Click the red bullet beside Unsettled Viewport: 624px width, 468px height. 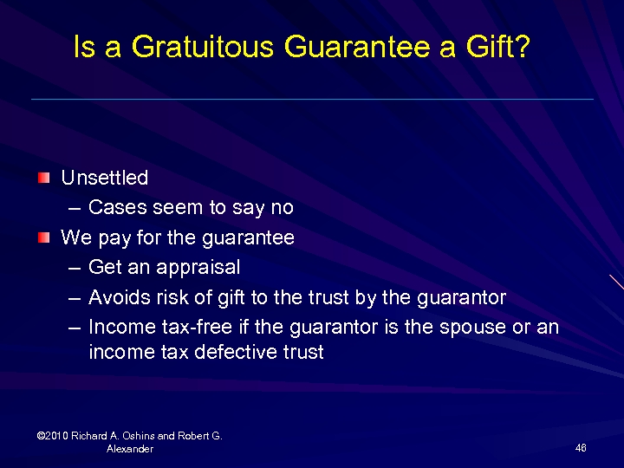tap(43, 178)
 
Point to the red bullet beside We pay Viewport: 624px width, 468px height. tap(43, 237)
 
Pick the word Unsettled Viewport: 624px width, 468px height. tap(104, 178)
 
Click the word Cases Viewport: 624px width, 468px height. tap(114, 208)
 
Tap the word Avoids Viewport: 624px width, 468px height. tap(116, 297)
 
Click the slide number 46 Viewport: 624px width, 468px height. tap(581, 447)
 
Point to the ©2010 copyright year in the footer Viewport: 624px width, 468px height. tap(54, 436)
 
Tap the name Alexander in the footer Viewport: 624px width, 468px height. tap(130, 449)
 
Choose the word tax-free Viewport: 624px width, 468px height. tap(182, 327)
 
